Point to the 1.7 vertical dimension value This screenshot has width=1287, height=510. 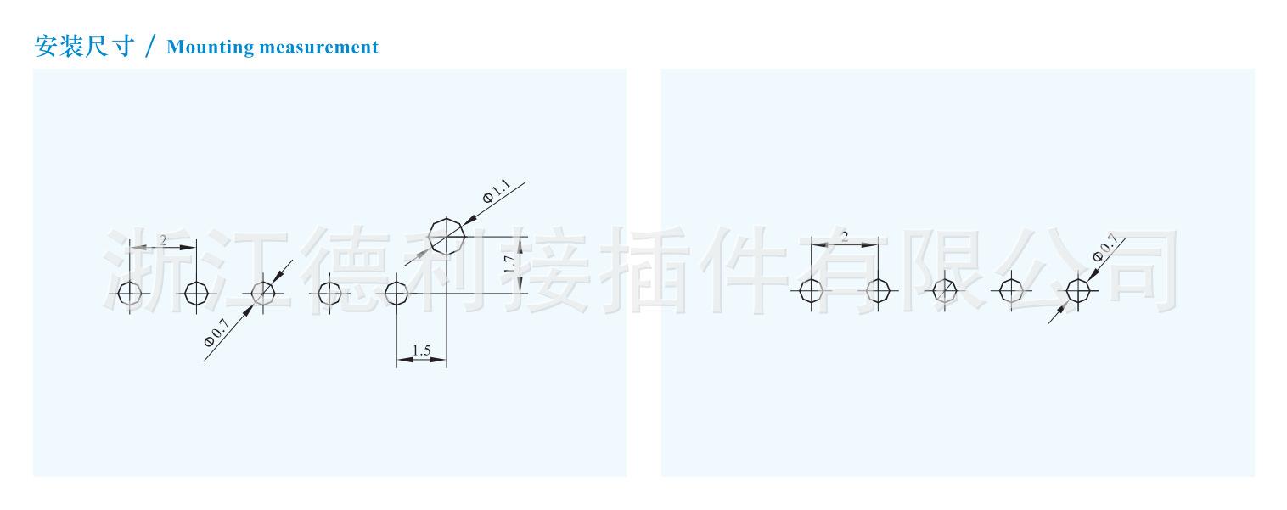click(509, 264)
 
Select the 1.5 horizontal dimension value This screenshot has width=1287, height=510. click(421, 350)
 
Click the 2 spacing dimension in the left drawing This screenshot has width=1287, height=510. click(163, 239)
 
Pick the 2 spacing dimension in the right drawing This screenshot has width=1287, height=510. click(844, 237)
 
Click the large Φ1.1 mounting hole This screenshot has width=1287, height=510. click(447, 235)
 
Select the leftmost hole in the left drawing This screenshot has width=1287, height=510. click(129, 294)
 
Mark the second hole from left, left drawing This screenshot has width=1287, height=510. click(196, 294)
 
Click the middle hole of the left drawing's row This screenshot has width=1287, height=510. click(263, 294)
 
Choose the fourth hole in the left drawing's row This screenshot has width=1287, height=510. click(329, 294)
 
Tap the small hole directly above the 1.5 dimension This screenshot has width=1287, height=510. click(396, 294)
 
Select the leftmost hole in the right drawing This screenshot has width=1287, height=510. click(811, 291)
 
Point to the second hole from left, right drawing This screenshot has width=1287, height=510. click(878, 291)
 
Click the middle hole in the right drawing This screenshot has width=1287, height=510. click(944, 291)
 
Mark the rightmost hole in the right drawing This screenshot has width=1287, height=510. click(1077, 291)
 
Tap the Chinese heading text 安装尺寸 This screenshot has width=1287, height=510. click(85, 46)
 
